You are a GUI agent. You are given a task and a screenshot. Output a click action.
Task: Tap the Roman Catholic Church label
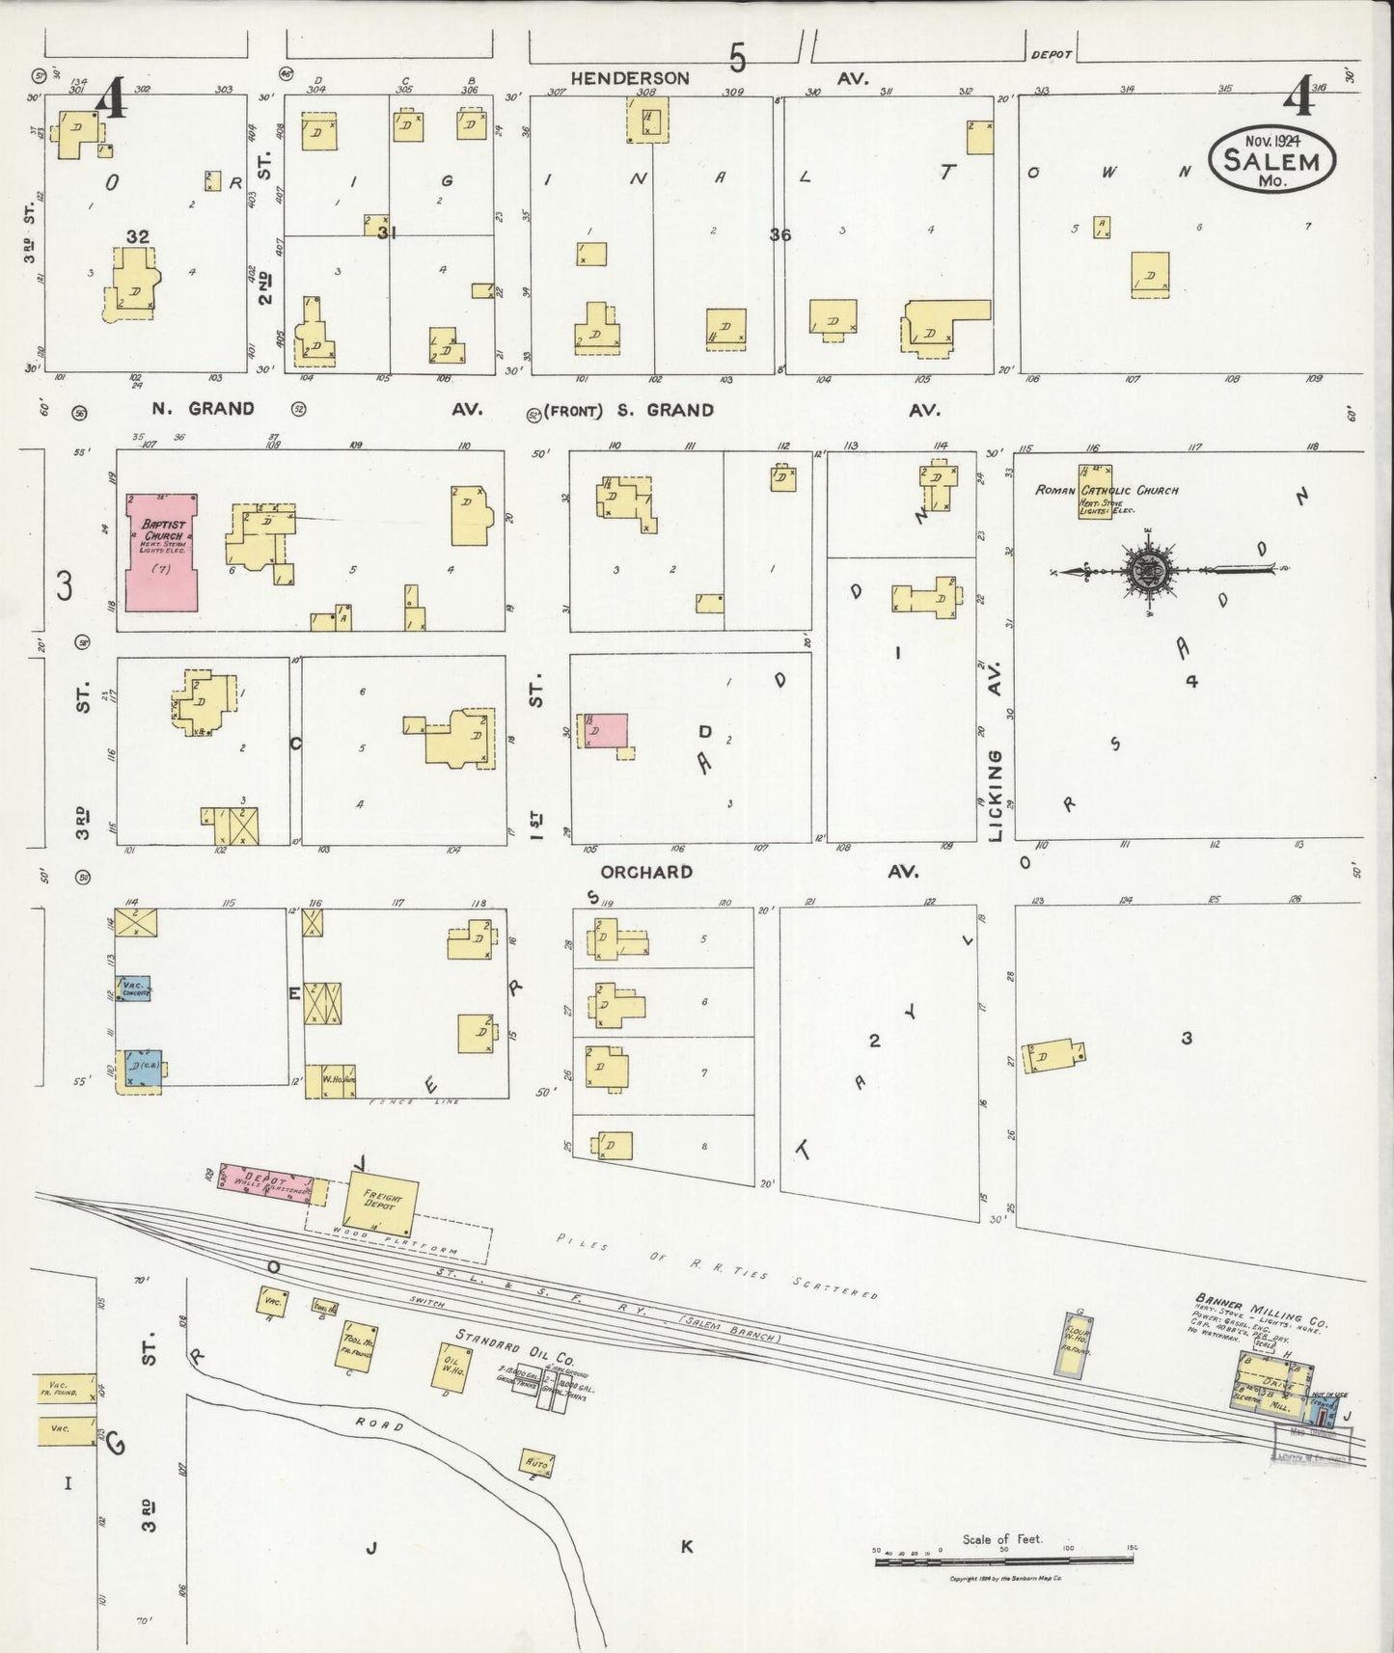pyautogui.click(x=1107, y=490)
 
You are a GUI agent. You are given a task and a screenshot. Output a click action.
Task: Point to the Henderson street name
pyautogui.click(x=630, y=79)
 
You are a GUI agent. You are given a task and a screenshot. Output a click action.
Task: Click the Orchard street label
pyautogui.click(x=646, y=872)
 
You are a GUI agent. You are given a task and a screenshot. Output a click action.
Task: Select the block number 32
pyautogui.click(x=137, y=236)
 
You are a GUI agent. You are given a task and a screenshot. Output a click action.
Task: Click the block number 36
pyautogui.click(x=780, y=233)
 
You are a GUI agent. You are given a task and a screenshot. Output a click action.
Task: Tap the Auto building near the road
pyautogui.click(x=537, y=1462)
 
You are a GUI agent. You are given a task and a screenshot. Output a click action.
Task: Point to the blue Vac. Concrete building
pyautogui.click(x=134, y=989)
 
